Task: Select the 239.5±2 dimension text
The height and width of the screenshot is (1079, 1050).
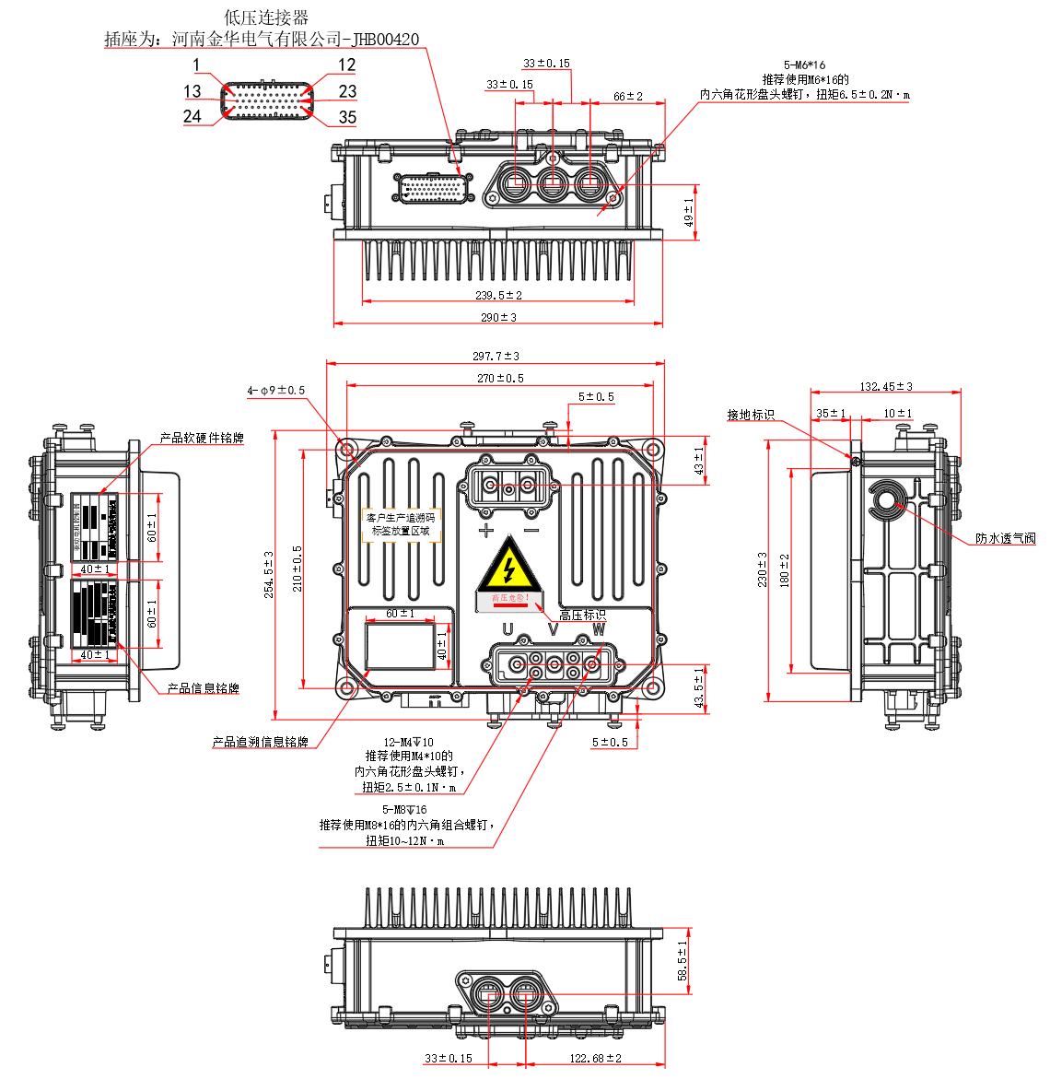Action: pyautogui.click(x=498, y=295)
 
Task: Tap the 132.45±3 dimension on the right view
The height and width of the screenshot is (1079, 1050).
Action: pyautogui.click(x=886, y=386)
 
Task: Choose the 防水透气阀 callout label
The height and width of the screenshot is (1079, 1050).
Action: pyautogui.click(x=1006, y=539)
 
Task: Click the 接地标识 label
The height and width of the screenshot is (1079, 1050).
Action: pyautogui.click(x=751, y=416)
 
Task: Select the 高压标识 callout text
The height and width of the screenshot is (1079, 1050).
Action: pyautogui.click(x=582, y=615)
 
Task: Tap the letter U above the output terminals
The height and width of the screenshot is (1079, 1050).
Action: pyautogui.click(x=507, y=629)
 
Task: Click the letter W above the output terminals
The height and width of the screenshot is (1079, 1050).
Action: pyautogui.click(x=599, y=629)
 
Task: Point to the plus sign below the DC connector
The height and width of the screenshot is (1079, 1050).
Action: pyautogui.click(x=485, y=531)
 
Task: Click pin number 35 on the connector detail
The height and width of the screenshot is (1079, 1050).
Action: pyautogui.click(x=347, y=117)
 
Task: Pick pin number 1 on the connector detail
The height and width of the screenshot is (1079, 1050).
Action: pyautogui.click(x=197, y=65)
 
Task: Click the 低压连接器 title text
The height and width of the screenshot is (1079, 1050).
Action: pyautogui.click(x=266, y=18)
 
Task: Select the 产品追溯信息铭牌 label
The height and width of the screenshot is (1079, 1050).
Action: pyautogui.click(x=260, y=742)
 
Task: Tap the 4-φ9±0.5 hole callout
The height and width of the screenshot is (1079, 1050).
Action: pyautogui.click(x=275, y=391)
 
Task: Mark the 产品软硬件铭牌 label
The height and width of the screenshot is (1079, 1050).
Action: pyautogui.click(x=202, y=439)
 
